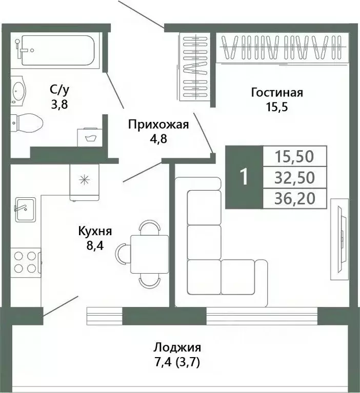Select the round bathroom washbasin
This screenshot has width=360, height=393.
coord(20,91)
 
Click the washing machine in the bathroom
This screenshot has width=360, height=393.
coord(91,137)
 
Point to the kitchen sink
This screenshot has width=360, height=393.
coord(25,209)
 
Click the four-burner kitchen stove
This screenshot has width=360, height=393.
coord(25,261)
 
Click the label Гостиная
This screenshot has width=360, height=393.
coord(277,93)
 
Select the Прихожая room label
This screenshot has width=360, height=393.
coord(158,124)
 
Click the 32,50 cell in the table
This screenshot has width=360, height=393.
coord(294,177)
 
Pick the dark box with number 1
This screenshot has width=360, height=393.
coord(244,177)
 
